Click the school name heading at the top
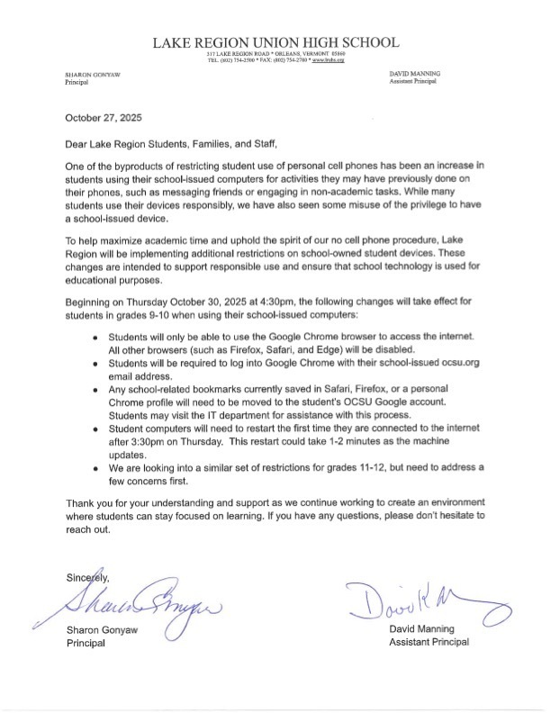pos(275,42)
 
